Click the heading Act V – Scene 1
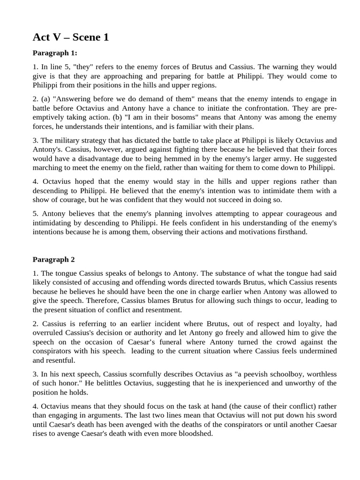71,37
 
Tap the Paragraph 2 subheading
53,259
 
